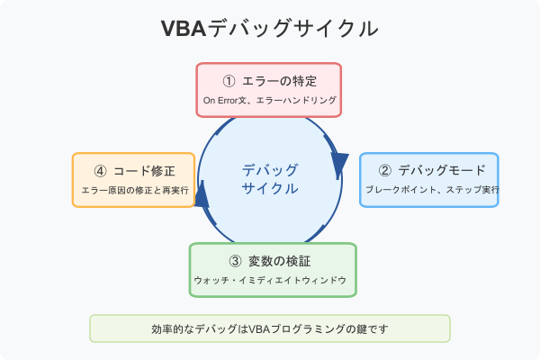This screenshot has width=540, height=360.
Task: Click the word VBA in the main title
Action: (x=184, y=29)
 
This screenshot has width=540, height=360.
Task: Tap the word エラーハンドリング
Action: (x=295, y=101)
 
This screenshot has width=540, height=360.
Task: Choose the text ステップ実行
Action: (x=473, y=191)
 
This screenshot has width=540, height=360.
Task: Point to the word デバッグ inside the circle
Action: (x=270, y=169)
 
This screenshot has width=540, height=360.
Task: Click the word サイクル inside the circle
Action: (x=270, y=189)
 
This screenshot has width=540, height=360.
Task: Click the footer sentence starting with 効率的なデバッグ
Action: (x=270, y=328)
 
